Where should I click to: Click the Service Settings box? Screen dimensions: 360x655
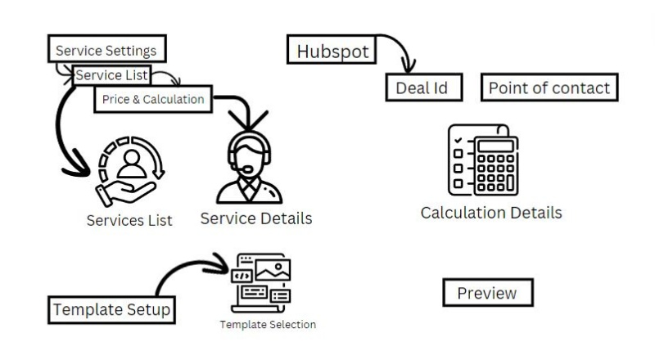pyautogui.click(x=106, y=50)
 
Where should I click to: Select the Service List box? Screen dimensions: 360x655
pyautogui.click(x=111, y=75)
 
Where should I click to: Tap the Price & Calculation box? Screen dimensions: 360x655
pyautogui.click(x=152, y=100)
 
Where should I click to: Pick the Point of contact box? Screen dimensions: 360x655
pyautogui.click(x=549, y=88)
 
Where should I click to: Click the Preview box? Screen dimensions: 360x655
pyautogui.click(x=487, y=293)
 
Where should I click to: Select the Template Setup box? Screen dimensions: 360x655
pyautogui.click(x=111, y=310)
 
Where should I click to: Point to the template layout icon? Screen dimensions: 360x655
pyautogui.click(x=263, y=281)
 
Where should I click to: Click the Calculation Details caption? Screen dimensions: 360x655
pyautogui.click(x=491, y=213)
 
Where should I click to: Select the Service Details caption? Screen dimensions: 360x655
pyautogui.click(x=255, y=218)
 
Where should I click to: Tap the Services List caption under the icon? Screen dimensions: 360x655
pyautogui.click(x=129, y=220)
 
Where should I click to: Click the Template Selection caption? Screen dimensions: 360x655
pyautogui.click(x=267, y=325)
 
